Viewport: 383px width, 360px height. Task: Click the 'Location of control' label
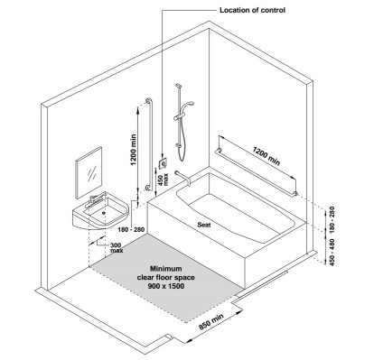coord(252,10)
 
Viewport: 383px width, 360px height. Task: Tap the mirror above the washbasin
coord(89,172)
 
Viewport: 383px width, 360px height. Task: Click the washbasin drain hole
coord(104,213)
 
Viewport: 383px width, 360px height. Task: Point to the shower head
coord(188,105)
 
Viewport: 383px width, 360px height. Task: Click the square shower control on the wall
coord(163,164)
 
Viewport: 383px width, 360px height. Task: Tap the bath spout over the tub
coord(183,178)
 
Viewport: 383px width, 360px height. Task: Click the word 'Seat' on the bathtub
coord(204,225)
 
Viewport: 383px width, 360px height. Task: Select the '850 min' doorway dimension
coord(211,321)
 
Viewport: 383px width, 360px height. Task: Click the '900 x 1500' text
coord(166,286)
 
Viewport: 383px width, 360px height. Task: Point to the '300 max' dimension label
coord(117,247)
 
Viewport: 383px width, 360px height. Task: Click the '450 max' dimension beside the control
coord(163,180)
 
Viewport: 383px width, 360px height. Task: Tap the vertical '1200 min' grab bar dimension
coord(133,150)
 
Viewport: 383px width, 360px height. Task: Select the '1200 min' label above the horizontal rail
coord(266,156)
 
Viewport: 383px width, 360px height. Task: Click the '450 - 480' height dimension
coord(332,252)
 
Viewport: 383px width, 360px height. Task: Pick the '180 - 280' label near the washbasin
coord(131,230)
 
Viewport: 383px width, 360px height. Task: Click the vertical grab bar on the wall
coord(150,144)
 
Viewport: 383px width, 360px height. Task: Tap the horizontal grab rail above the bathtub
coord(257,171)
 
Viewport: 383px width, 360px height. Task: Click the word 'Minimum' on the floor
coord(166,268)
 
